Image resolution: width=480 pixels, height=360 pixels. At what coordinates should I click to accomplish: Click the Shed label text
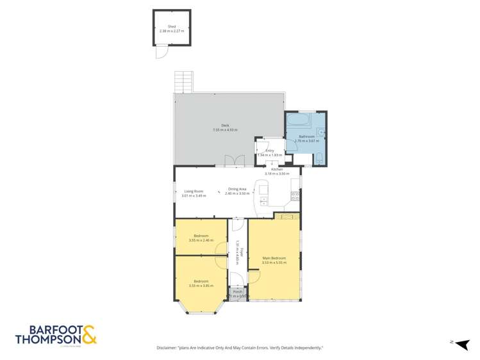coord(171,26)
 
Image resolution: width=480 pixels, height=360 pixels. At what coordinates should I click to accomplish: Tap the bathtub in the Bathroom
coord(298,120)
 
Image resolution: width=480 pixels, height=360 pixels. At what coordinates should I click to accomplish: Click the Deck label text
coord(225,126)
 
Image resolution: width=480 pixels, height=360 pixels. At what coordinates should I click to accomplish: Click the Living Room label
coord(194,191)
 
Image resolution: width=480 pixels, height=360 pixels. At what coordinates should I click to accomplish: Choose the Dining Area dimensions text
coord(236,193)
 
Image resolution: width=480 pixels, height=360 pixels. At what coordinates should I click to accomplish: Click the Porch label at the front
coord(237,292)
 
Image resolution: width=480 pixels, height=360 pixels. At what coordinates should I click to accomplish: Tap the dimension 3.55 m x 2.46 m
coord(201,241)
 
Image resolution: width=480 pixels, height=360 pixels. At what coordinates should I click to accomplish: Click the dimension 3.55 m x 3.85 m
coord(201,285)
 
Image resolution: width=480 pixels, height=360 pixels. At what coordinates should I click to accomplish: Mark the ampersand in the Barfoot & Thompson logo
coord(90,334)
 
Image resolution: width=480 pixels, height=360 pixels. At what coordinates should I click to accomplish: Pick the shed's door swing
coord(160,52)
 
